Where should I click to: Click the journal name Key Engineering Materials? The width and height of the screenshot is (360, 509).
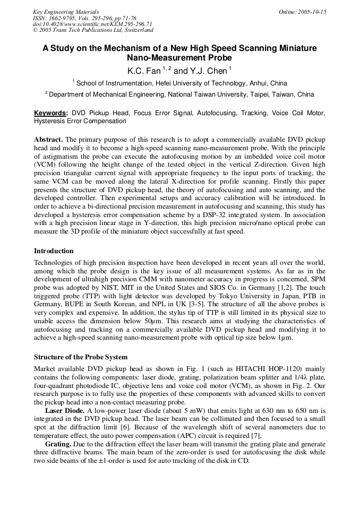(65, 12)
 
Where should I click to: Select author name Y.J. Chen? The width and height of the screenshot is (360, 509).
(209, 71)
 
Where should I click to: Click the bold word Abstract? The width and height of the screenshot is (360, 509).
(48, 139)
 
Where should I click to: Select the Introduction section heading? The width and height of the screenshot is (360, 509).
(54, 251)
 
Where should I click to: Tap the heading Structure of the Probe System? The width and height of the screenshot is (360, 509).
(81, 357)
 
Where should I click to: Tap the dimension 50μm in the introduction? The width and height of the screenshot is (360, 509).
(199, 321)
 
